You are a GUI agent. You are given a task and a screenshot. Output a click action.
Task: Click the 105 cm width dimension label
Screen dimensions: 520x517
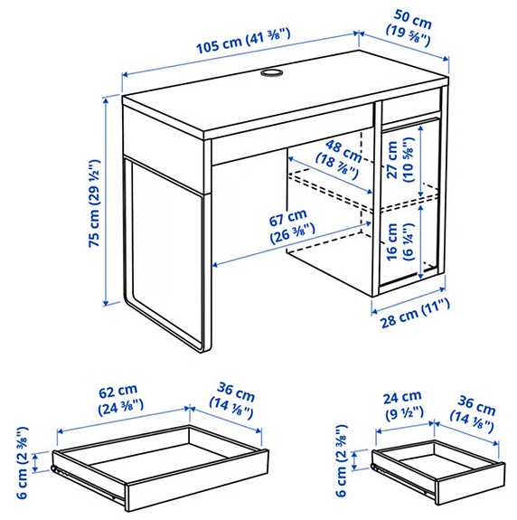241,41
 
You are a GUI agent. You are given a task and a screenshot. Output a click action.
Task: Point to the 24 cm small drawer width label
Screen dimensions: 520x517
401,403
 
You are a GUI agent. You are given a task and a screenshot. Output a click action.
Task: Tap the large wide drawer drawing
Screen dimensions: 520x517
161,459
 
